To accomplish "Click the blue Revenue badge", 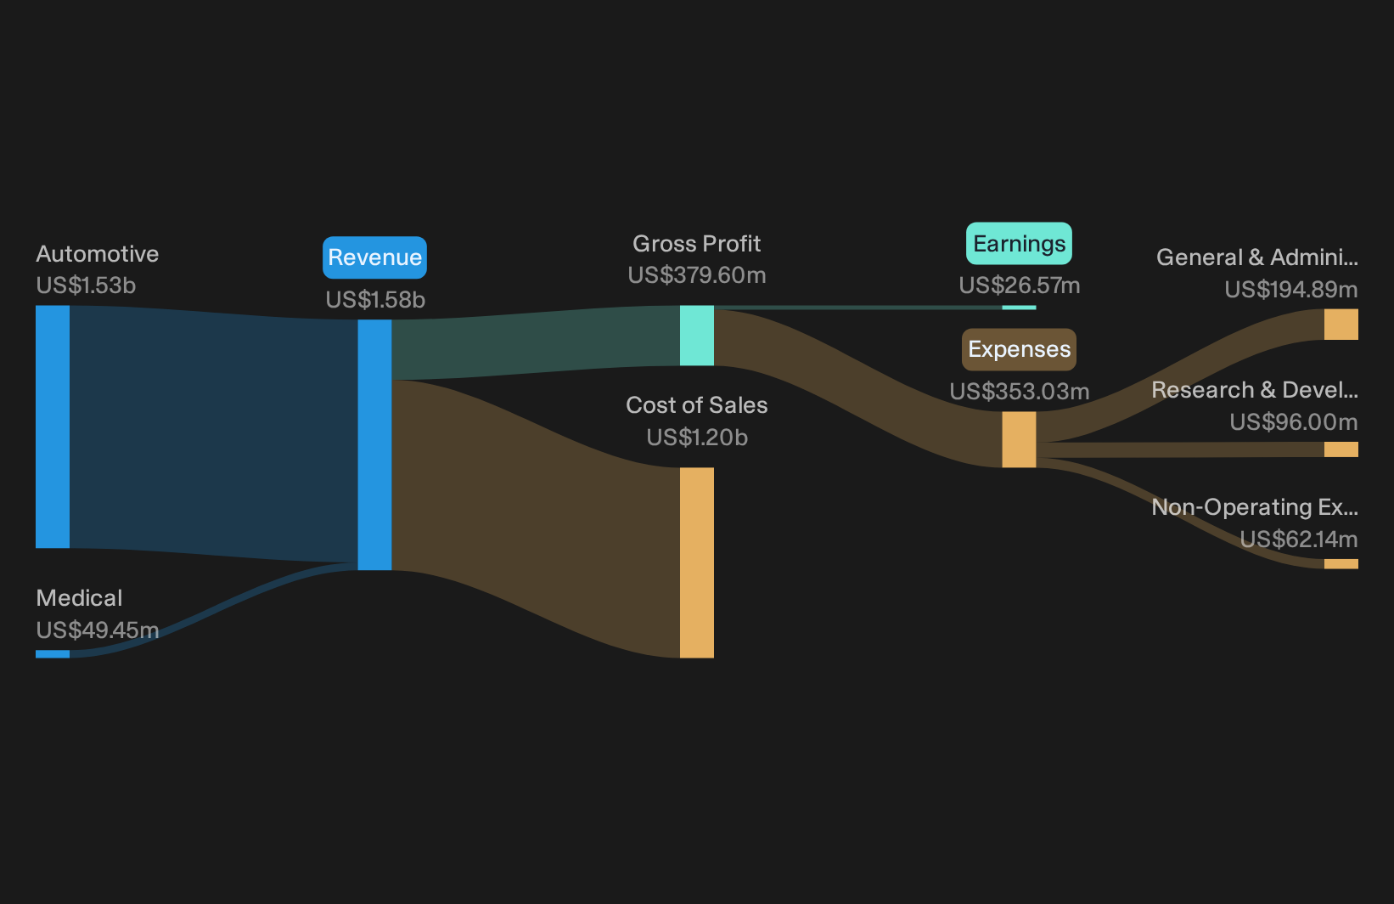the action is coord(374,257).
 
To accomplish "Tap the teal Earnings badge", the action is coord(1019,244).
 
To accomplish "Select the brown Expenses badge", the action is coord(1019,349).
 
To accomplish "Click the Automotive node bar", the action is coord(53,427).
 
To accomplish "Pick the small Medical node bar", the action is coord(53,654).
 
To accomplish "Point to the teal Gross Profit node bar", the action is coord(696,336).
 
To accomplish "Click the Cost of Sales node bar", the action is coord(696,562).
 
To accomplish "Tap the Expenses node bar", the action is coord(1019,439).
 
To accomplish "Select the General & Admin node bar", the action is coord(1341,324).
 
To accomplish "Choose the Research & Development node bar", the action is coord(1341,449).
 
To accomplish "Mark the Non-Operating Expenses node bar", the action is coord(1341,564).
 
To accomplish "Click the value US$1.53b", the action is coord(86,285).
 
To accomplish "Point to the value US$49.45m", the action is coord(98,630).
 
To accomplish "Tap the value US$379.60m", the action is coord(696,275).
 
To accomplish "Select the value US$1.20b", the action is coord(696,438).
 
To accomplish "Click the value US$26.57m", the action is coord(1019,285).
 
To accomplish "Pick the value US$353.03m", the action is coord(1019,392).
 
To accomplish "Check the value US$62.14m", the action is coord(1299,539).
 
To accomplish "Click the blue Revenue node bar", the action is coord(374,445).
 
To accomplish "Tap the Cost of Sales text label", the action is coord(696,405).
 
